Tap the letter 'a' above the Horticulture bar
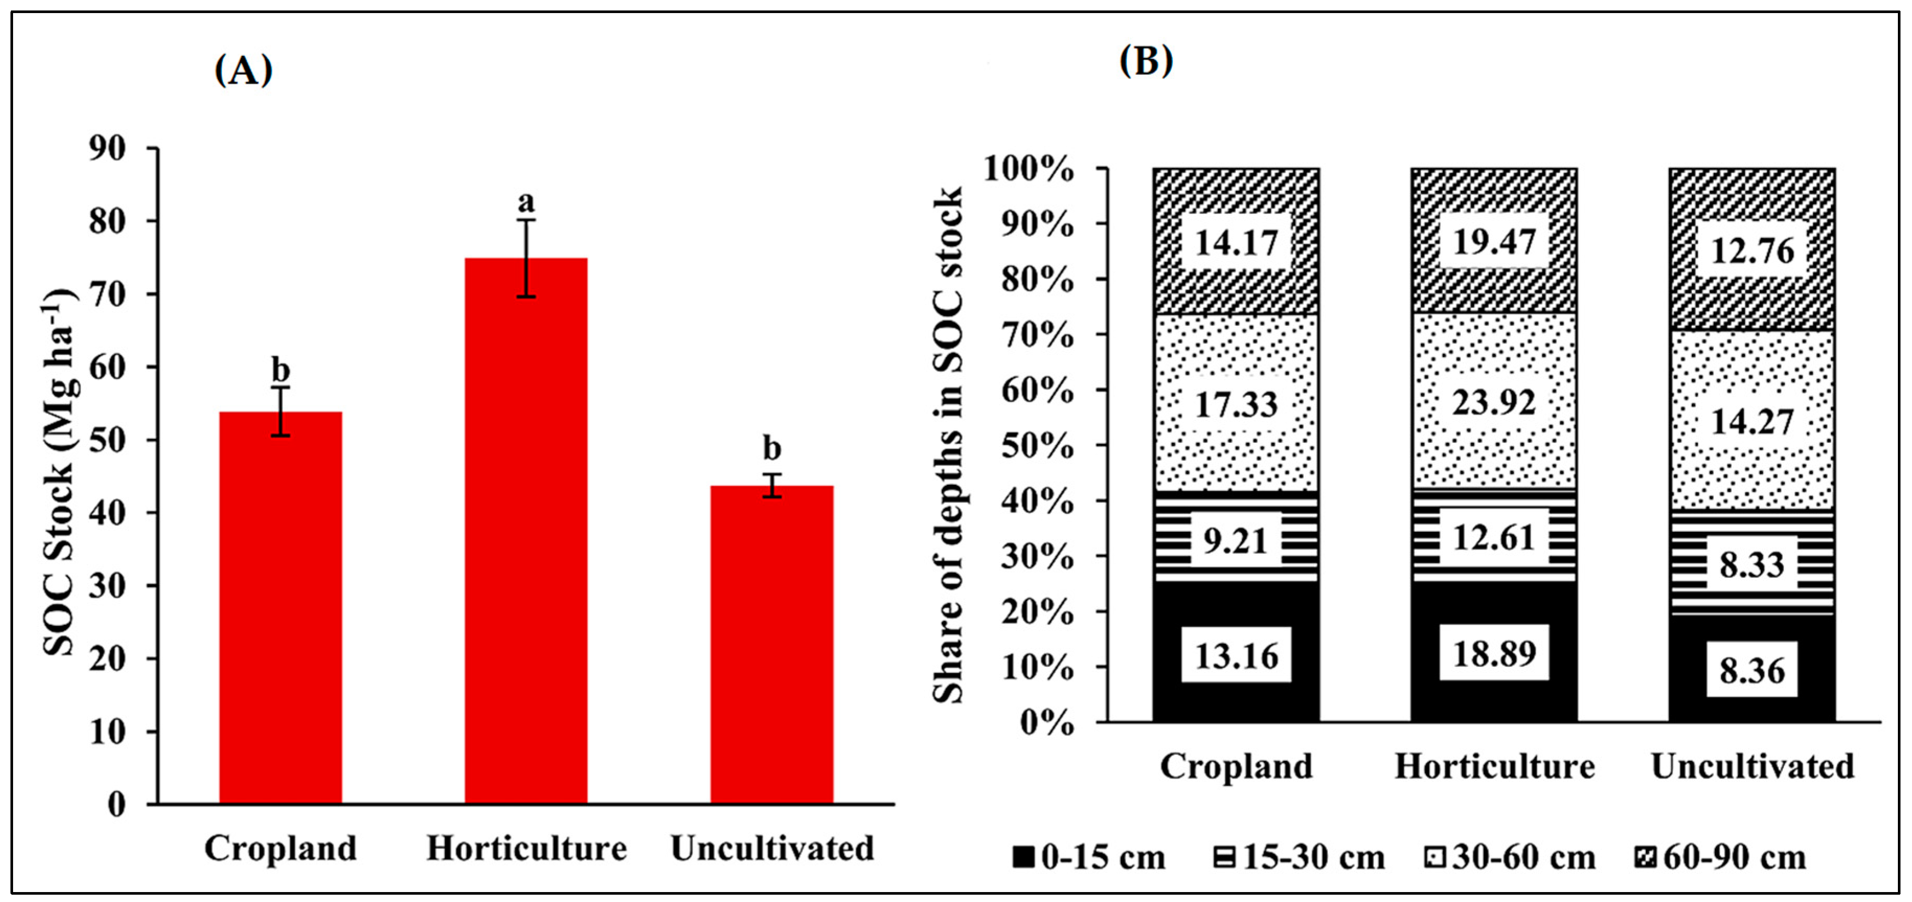click(526, 201)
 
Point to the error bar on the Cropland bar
click(280, 412)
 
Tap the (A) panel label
click(244, 71)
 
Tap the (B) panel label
click(1145, 61)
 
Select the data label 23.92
click(1494, 403)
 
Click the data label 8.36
click(1751, 670)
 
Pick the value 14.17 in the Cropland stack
click(1236, 243)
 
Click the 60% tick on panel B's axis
click(1038, 391)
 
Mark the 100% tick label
click(1029, 169)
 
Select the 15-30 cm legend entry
click(1299, 858)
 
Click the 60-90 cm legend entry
click(1721, 858)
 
